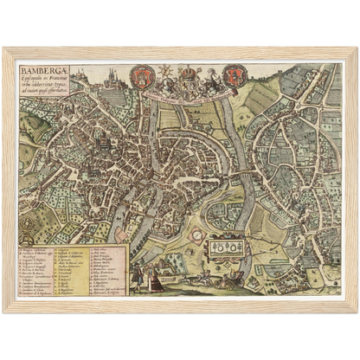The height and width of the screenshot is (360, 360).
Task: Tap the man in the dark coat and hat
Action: (137, 276)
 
